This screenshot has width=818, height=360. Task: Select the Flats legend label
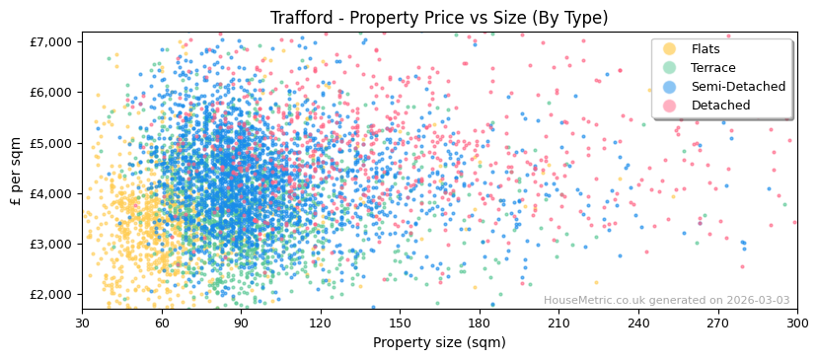(x=705, y=49)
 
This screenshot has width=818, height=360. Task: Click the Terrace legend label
(x=712, y=68)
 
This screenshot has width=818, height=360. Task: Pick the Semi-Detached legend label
(x=738, y=87)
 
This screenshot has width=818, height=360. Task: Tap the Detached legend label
(x=720, y=106)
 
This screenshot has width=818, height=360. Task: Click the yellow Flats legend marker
(x=669, y=49)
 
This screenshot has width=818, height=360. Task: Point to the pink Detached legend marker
(x=669, y=106)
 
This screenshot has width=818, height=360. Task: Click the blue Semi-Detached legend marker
(x=669, y=87)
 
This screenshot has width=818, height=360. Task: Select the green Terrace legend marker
(x=669, y=68)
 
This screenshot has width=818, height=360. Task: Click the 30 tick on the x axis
(x=82, y=323)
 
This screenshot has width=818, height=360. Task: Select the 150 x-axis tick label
(x=400, y=323)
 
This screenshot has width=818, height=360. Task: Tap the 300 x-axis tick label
(x=796, y=323)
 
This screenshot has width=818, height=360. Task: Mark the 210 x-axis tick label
(x=558, y=323)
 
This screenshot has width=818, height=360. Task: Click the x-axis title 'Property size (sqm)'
(x=439, y=342)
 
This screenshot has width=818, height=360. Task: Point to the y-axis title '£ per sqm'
(x=16, y=172)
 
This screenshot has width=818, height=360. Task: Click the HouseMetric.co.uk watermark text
(x=666, y=300)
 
